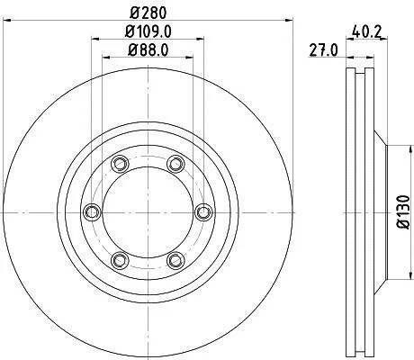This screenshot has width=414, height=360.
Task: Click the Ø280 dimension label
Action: tap(148, 13)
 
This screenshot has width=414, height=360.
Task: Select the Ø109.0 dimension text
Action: tap(148, 31)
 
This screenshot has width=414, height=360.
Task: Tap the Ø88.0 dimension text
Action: tap(148, 49)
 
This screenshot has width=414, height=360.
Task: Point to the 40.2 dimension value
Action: tap(366, 31)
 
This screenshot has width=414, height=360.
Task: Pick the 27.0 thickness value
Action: tap(323, 49)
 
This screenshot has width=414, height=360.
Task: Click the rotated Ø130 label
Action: tap(403, 212)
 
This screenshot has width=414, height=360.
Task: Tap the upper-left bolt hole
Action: tap(120, 164)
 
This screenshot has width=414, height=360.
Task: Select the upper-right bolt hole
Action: tap(175, 164)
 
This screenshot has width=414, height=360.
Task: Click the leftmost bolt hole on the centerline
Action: tap(92, 212)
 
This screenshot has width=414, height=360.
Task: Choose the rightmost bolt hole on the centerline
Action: tap(203, 212)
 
